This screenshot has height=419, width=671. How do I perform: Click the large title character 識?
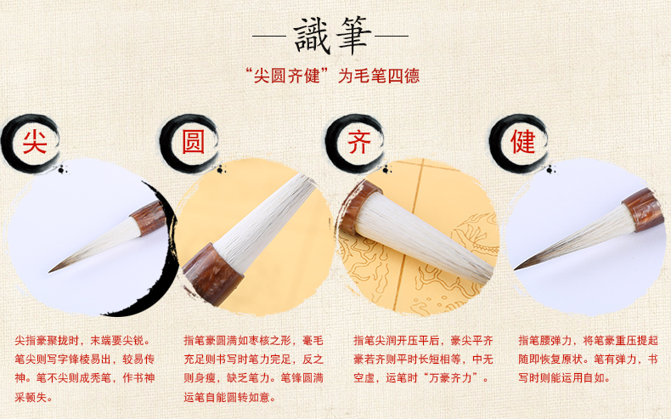point(313,36)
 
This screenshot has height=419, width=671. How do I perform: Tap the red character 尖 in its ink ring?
point(35,142)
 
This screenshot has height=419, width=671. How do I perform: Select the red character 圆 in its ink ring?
point(194,142)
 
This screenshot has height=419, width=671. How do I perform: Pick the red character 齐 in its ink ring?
point(359,142)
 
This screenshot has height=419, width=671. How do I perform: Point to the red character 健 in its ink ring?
point(523,142)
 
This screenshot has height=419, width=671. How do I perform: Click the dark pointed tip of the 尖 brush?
point(49,271)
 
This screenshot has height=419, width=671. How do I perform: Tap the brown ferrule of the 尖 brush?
point(149,218)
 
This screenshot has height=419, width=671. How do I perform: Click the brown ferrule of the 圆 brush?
point(212,275)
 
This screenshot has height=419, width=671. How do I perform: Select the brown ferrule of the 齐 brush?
point(359,207)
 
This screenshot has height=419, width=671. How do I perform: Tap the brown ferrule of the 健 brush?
point(644,210)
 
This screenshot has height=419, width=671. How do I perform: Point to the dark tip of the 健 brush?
point(516,269)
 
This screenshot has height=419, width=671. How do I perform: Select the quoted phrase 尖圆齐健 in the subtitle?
point(287,76)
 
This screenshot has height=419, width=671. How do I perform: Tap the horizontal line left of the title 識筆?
point(269,36)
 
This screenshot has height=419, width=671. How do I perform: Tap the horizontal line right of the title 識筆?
point(392,36)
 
